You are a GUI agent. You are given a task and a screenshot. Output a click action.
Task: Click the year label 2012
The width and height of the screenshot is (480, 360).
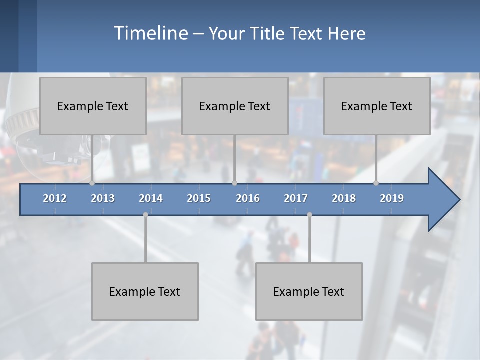[x=55, y=198]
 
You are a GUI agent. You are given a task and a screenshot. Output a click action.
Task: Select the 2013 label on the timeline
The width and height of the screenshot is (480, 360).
[x=103, y=198]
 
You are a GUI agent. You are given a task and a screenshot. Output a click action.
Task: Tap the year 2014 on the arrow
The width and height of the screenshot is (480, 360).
[x=151, y=198]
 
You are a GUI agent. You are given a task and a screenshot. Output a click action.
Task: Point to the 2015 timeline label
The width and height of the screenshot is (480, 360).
[x=199, y=198]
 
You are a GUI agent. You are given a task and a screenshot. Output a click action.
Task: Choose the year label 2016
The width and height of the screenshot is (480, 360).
[x=248, y=198]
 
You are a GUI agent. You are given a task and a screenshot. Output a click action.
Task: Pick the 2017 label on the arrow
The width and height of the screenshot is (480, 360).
[x=296, y=198]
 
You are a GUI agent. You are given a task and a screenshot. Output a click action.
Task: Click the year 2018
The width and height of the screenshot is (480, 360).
[x=344, y=198]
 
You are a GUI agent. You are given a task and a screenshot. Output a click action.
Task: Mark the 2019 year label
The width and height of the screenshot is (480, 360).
[x=392, y=198]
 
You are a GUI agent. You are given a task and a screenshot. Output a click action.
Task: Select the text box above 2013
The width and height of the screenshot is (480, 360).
[x=93, y=106]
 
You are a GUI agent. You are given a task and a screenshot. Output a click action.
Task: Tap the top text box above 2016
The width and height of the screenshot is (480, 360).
[x=235, y=106]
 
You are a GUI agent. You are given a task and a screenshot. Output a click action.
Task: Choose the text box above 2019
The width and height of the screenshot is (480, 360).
[x=377, y=106]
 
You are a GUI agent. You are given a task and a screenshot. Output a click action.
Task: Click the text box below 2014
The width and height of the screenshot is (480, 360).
[x=145, y=291]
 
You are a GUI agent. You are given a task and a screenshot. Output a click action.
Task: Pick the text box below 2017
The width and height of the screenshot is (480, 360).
[x=309, y=291]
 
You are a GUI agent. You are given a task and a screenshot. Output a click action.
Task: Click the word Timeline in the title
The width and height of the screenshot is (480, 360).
[x=150, y=33]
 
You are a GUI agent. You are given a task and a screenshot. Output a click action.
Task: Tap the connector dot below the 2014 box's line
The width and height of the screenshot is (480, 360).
[x=145, y=214]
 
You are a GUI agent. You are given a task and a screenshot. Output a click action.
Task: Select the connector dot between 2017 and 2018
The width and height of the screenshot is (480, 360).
[x=309, y=214]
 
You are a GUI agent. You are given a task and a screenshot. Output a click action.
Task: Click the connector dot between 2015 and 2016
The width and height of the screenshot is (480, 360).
[x=235, y=183]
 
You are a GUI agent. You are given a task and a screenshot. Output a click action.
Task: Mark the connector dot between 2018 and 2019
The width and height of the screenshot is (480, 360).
[x=376, y=183]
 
